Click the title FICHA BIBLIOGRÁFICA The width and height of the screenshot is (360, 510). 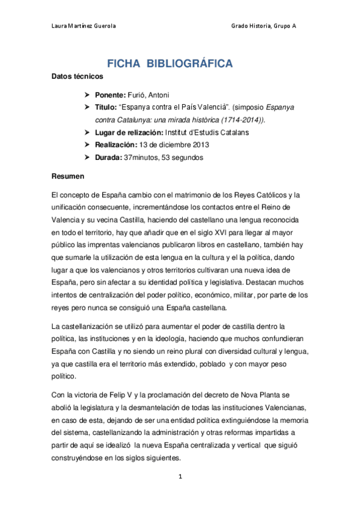tap(170, 64)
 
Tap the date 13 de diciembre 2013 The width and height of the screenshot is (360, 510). tap(174, 145)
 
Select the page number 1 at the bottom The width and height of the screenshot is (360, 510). tap(179, 478)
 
